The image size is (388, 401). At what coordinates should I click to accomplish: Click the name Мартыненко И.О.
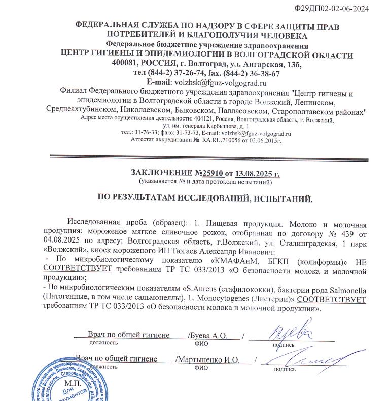point(208,360)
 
